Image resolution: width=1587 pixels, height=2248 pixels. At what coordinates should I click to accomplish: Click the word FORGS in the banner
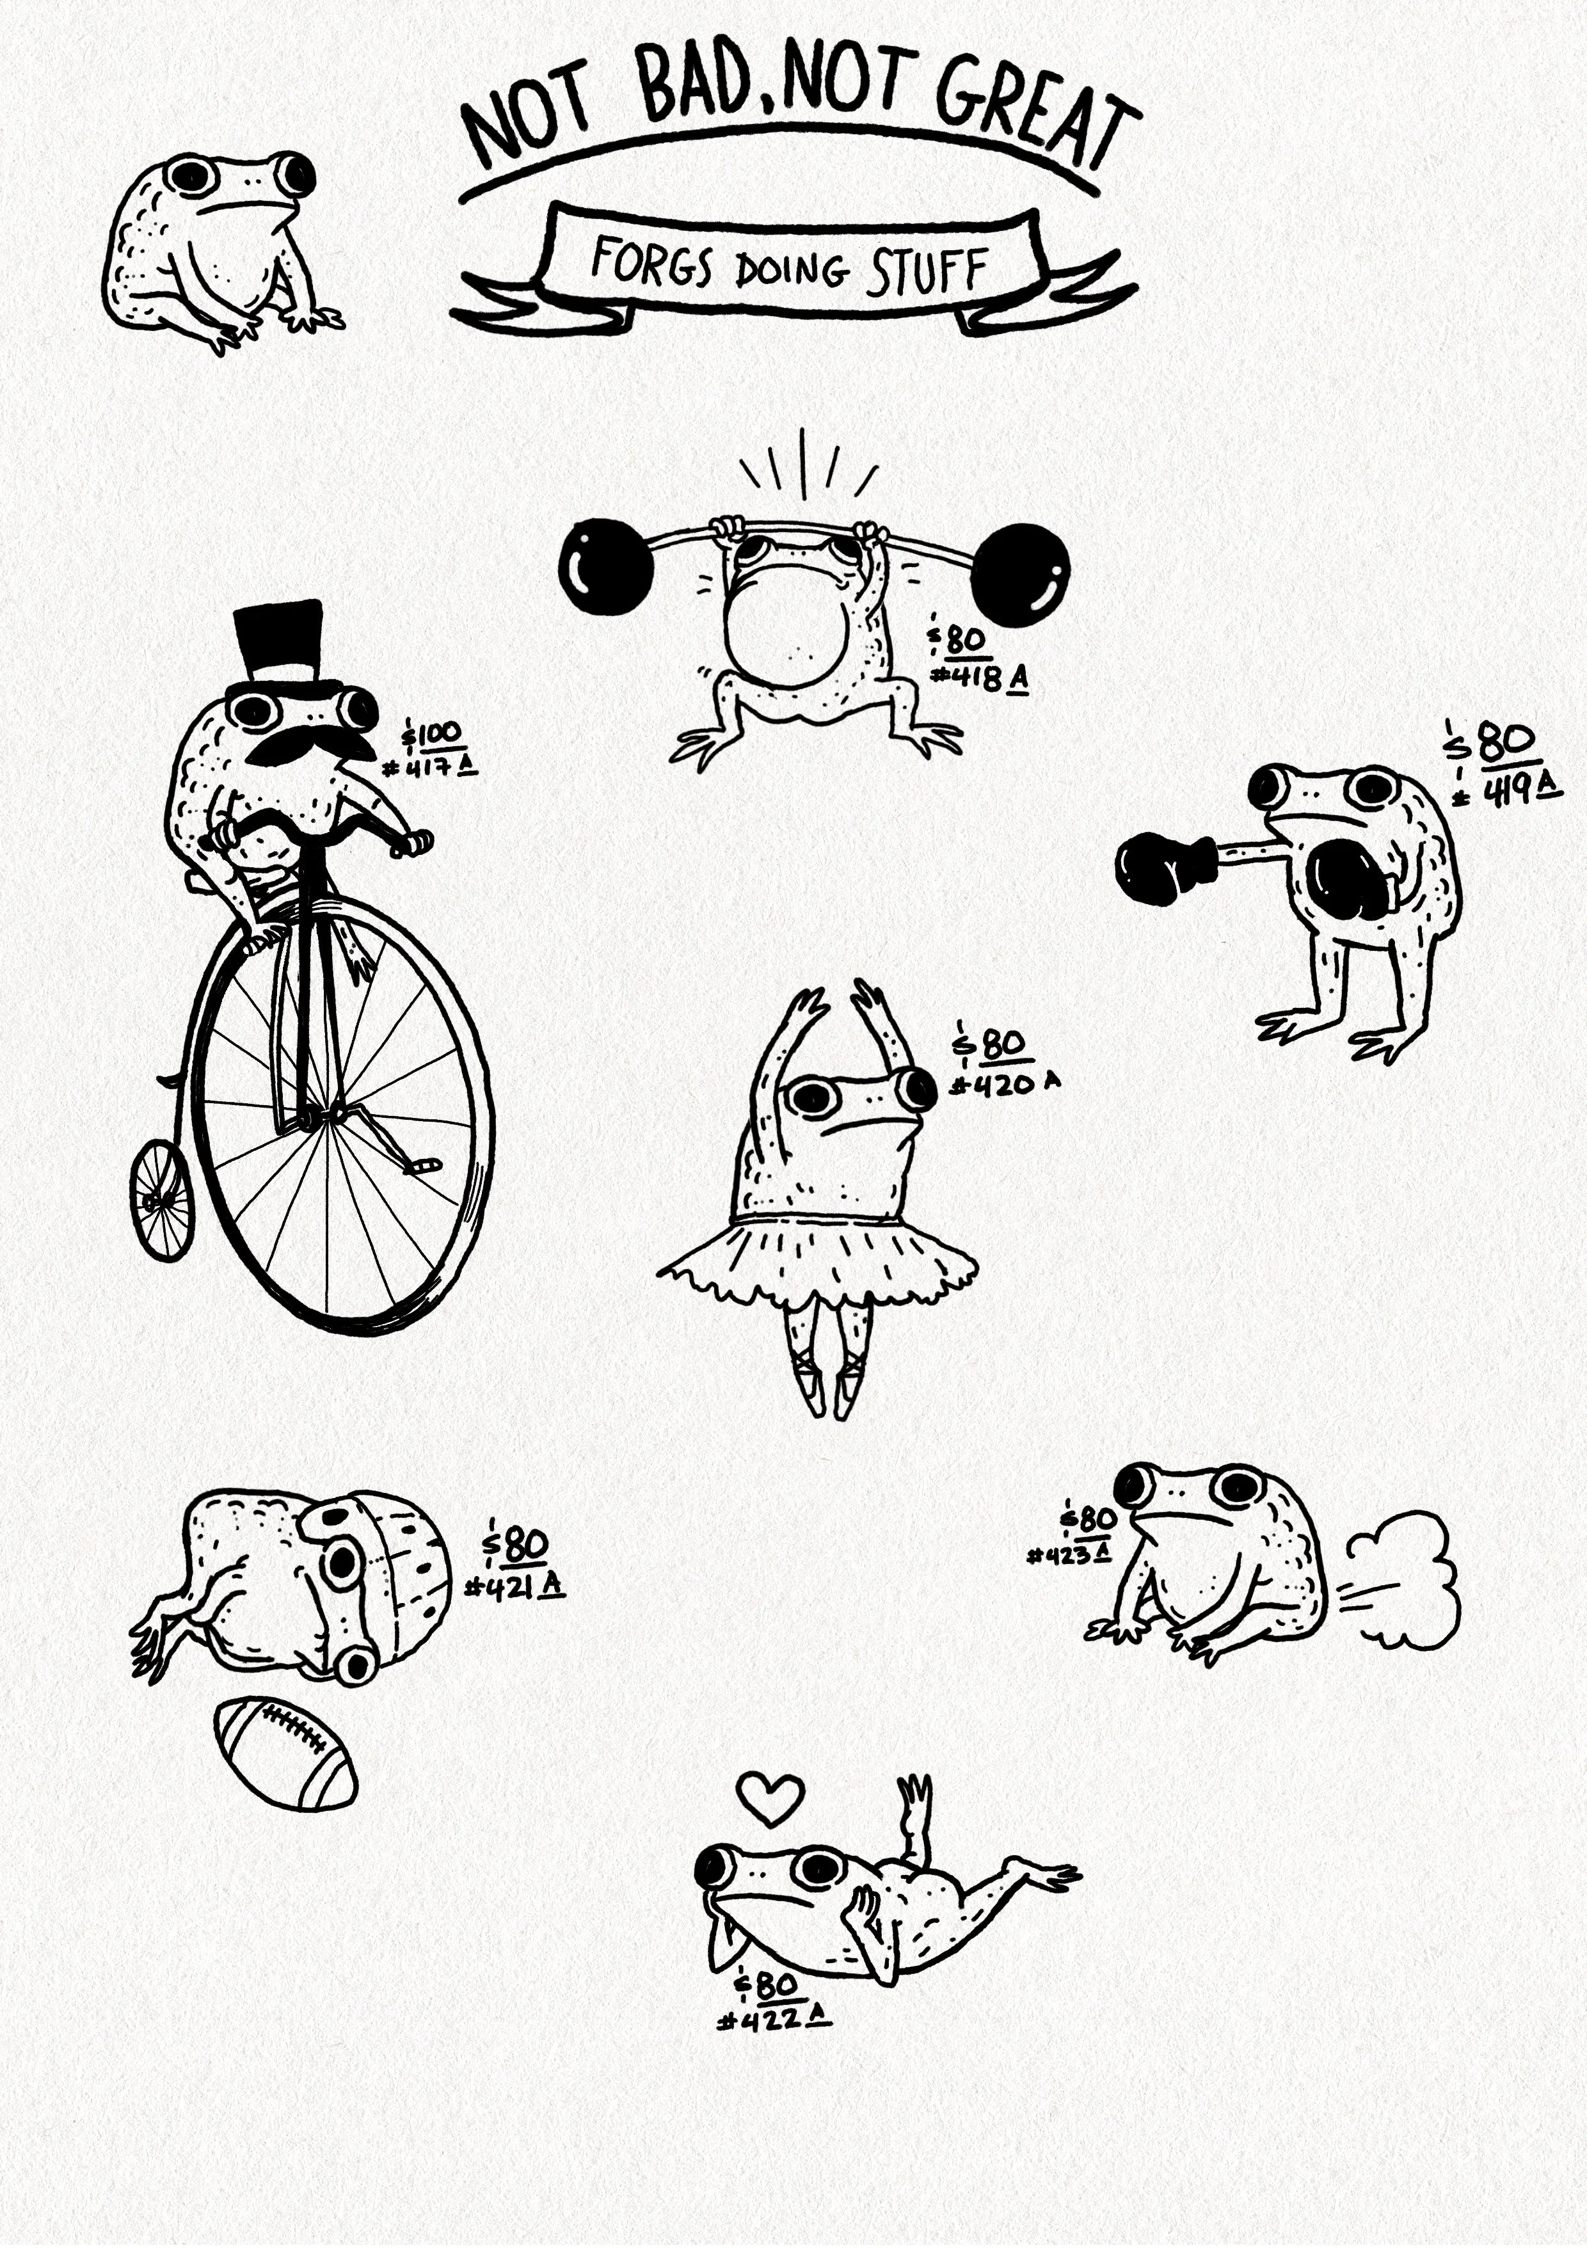tap(651, 264)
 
